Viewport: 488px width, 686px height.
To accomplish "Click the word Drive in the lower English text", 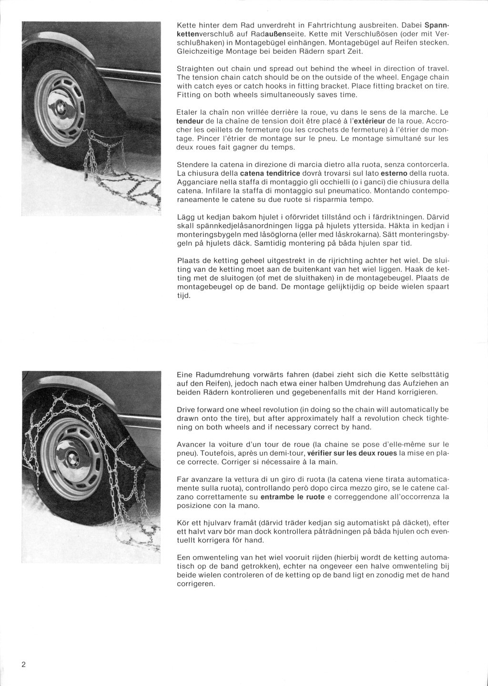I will (186, 409).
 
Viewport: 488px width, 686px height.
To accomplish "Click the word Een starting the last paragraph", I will (183, 557).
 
